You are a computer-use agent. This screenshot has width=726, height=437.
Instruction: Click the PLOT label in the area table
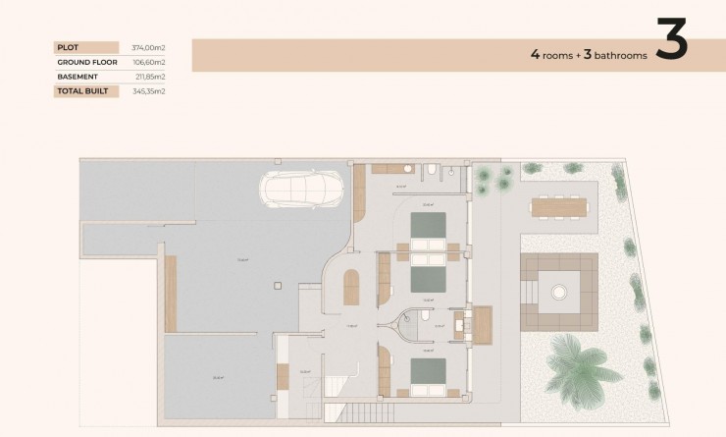[69, 47]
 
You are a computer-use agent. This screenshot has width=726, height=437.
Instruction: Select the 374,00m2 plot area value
[148, 47]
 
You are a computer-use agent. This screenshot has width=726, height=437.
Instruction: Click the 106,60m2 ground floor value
[148, 62]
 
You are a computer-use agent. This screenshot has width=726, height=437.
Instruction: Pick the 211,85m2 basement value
[148, 77]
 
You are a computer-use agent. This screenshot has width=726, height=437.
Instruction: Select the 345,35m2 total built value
[148, 91]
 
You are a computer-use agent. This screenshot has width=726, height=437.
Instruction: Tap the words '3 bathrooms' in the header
[615, 56]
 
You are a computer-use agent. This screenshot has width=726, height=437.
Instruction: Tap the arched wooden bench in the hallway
[351, 287]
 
